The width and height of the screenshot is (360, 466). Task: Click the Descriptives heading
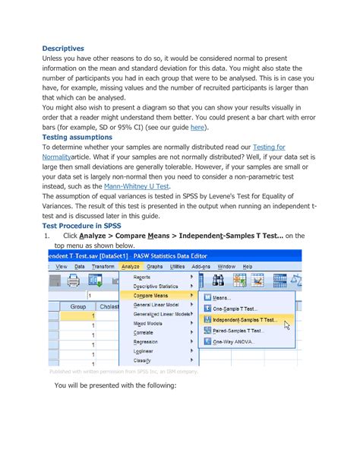[63, 47]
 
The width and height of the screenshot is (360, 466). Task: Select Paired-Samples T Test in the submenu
[238, 331]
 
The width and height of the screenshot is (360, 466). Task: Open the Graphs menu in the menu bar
[155, 267]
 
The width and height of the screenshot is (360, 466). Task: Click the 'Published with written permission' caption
[123, 372]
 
